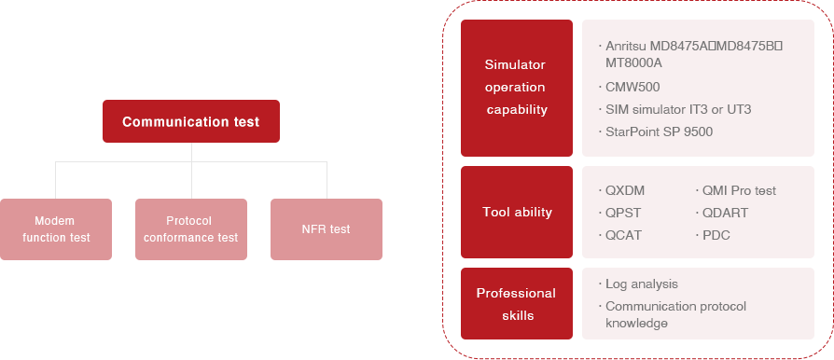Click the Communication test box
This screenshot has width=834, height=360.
tap(190, 121)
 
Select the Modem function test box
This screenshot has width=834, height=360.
tap(56, 228)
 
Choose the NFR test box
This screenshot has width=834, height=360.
tap(327, 228)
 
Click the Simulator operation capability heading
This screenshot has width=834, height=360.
tap(515, 87)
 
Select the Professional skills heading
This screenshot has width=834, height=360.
tap(515, 303)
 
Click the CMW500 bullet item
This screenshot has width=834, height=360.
tap(633, 87)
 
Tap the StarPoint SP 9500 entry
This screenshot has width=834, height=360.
tap(659, 132)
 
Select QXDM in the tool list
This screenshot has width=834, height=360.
tap(624, 190)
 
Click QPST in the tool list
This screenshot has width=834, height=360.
tap(622, 213)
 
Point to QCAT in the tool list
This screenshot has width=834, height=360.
tap(622, 235)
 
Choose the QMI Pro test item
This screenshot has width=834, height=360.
tap(740, 190)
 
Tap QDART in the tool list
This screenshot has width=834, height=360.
tap(727, 213)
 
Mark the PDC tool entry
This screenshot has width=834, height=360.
tap(717, 235)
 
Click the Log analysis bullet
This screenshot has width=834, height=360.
tap(641, 284)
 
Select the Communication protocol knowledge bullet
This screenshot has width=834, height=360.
tap(675, 314)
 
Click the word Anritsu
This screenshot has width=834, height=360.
tap(627, 46)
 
